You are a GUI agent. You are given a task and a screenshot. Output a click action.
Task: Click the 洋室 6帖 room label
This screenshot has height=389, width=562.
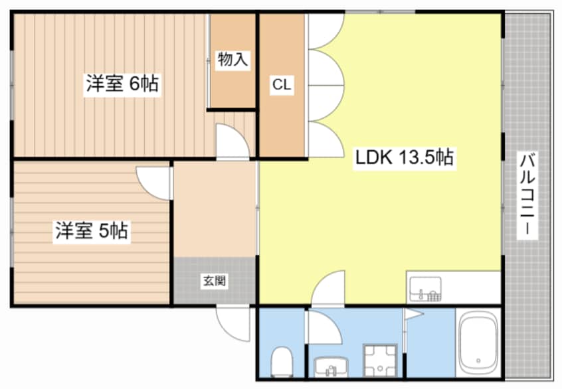[x=122, y=84]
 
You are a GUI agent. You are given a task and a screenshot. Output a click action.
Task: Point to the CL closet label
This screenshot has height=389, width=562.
[x=281, y=84]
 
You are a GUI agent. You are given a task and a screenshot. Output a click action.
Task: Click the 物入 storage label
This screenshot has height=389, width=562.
[x=233, y=60]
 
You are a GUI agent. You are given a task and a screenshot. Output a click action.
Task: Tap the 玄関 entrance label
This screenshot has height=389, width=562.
[x=214, y=281]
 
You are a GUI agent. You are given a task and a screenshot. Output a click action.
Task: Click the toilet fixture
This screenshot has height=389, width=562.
[x=282, y=361]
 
